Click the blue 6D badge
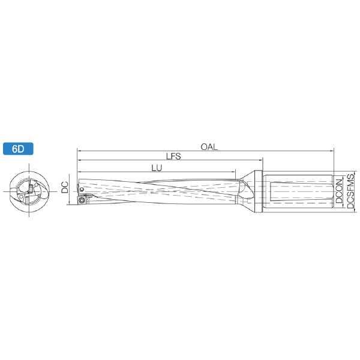(x=18, y=149)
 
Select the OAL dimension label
(x=209, y=147)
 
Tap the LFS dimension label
(x=173, y=156)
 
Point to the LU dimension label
(x=157, y=168)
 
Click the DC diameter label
(x=65, y=187)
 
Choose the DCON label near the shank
(x=339, y=191)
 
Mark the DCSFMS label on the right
(x=350, y=191)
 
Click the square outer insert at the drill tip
(x=81, y=200)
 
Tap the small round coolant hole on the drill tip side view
(x=82, y=190)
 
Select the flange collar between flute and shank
(x=258, y=192)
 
